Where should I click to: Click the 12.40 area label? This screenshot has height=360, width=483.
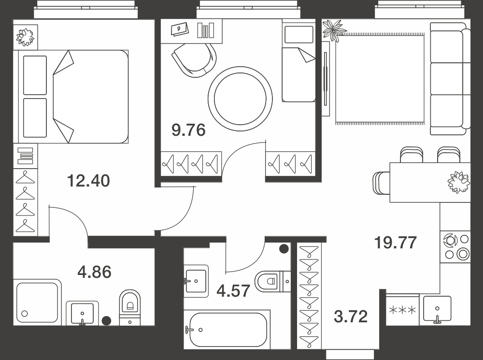88,181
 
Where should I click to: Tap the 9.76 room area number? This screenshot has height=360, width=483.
188,130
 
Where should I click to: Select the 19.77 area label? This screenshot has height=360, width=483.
396,242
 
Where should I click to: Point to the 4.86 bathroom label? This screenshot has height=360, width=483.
94,272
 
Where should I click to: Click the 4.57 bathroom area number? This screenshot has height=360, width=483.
233,290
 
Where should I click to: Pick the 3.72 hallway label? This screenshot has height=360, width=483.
351,317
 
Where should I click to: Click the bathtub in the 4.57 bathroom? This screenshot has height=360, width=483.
227,330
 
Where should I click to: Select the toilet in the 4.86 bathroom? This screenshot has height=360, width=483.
129,308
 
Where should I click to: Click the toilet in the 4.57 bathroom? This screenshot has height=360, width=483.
272,281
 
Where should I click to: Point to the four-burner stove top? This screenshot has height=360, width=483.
455,247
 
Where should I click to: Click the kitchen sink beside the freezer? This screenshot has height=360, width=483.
437,309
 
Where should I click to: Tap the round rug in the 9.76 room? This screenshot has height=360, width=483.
240,99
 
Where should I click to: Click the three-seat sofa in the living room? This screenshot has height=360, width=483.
450,79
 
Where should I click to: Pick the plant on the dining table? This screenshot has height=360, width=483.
459,183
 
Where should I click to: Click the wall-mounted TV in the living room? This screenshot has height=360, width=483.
325,79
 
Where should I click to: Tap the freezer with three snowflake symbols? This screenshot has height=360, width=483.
402,310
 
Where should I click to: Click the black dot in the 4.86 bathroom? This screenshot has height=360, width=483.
107,321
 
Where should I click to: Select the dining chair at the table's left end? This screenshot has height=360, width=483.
382,183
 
